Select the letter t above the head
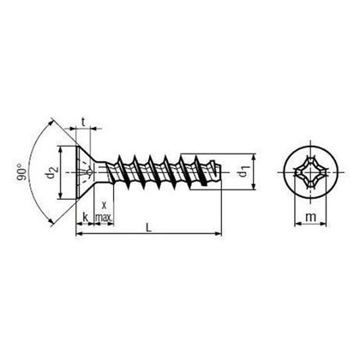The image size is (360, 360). (x=83, y=120)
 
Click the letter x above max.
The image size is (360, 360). (x=104, y=206)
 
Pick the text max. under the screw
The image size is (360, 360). (x=104, y=220)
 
